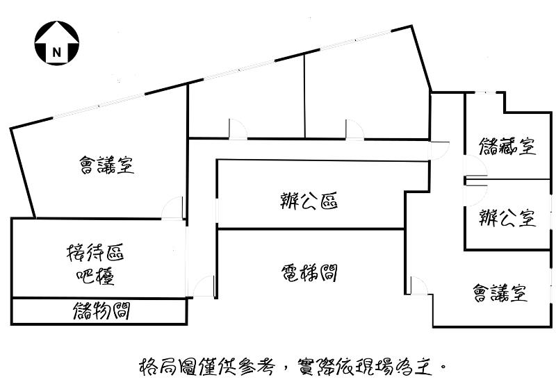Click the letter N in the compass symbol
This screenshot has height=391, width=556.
(x=57, y=53)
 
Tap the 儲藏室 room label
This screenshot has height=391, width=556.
(x=507, y=146)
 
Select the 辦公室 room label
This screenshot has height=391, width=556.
(x=507, y=217)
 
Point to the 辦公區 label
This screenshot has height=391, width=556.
(x=309, y=201)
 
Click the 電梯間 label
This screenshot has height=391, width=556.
(x=309, y=273)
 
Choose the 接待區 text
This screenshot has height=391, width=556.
(x=95, y=252)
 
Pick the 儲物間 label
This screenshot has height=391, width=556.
(x=101, y=311)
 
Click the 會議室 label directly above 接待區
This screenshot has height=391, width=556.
(x=107, y=165)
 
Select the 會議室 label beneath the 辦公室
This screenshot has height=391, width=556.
(x=500, y=293)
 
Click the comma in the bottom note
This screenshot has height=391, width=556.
(x=285, y=371)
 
